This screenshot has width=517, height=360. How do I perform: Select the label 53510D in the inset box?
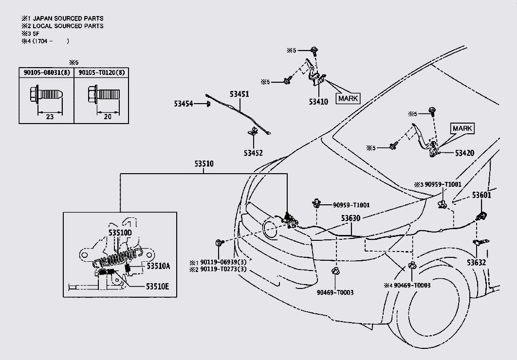pyautogui.click(x=120, y=233)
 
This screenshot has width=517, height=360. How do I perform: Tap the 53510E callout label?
pyautogui.click(x=157, y=286)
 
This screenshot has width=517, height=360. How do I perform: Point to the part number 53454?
pyautogui.click(x=184, y=104)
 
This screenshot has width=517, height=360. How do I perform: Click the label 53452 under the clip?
pyautogui.click(x=253, y=153)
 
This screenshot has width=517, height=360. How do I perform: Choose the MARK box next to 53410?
pyautogui.click(x=348, y=98)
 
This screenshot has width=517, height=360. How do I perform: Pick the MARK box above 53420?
pyautogui.click(x=462, y=128)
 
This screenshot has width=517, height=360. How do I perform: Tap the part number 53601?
pyautogui.click(x=481, y=196)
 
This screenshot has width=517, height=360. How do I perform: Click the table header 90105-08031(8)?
pyautogui.click(x=46, y=72)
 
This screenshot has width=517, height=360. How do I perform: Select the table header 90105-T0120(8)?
pyautogui.click(x=101, y=72)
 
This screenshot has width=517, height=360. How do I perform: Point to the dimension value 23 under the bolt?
pyautogui.click(x=50, y=117)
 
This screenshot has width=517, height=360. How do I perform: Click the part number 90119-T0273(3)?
pyautogui.click(x=224, y=269)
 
